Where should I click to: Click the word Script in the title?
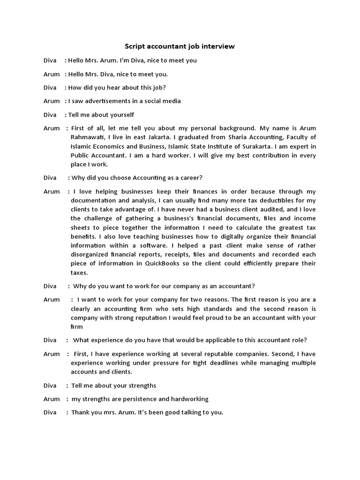135,46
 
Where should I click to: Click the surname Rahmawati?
89,137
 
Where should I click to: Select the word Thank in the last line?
81,412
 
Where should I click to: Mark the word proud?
209,318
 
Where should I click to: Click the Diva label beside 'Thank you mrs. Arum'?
50,412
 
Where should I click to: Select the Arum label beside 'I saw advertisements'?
52,101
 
